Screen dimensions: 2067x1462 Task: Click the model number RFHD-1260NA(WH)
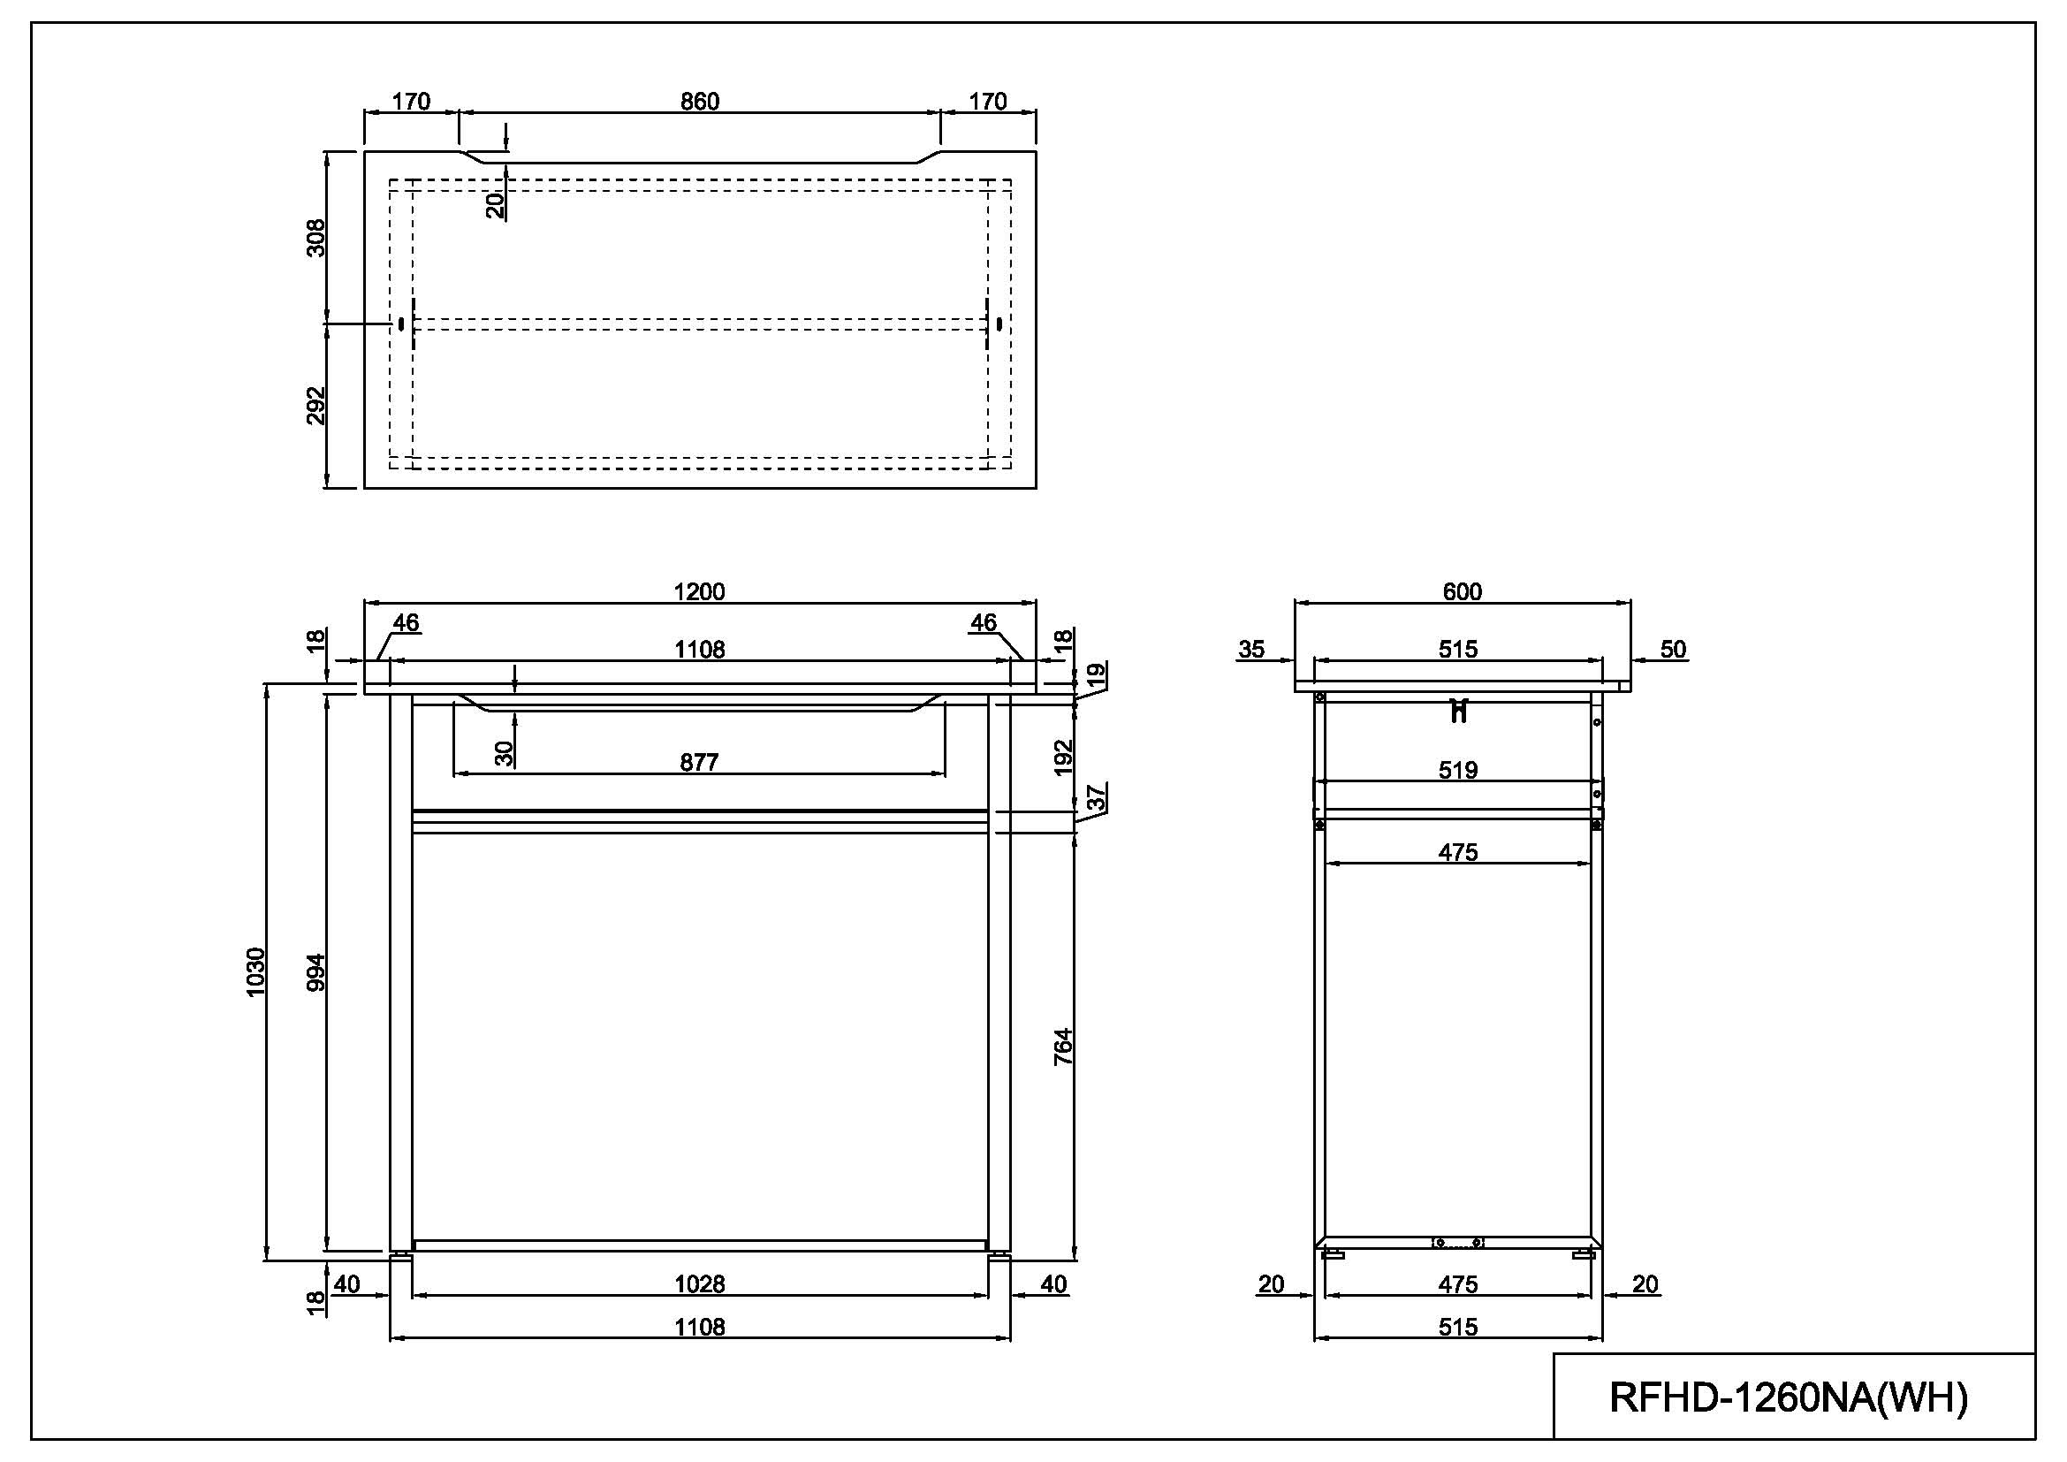1788,1398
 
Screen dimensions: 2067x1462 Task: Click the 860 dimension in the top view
700,102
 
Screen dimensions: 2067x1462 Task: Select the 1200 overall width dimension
700,591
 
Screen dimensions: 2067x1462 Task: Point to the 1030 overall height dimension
255,972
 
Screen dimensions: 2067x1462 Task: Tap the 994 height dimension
316,972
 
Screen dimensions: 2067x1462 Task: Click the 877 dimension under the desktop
700,763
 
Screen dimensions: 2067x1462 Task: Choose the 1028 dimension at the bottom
700,1283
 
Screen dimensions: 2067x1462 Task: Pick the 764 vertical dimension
1063,1046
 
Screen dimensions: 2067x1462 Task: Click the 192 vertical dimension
1063,757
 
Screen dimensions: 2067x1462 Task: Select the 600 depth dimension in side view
1462,591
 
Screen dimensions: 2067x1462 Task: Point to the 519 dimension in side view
1458,770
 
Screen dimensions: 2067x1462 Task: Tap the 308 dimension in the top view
316,238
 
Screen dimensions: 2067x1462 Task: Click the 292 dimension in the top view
316,406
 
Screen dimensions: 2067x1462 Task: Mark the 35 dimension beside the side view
1251,649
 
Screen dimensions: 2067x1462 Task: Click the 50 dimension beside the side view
1673,649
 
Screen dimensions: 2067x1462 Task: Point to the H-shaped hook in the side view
1458,712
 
